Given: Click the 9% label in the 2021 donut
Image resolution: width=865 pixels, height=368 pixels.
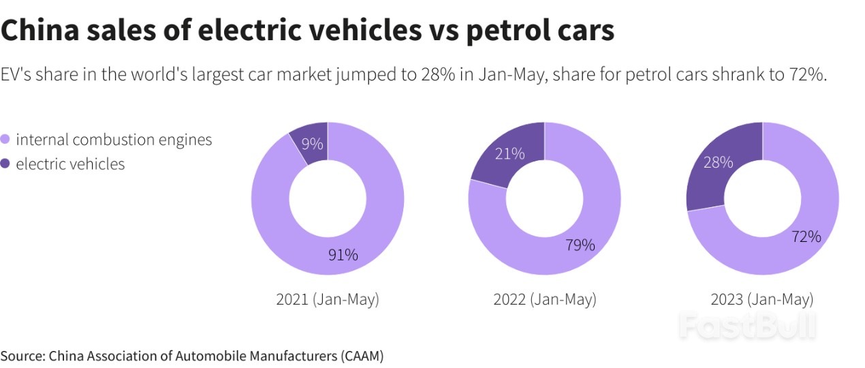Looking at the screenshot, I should pyautogui.click(x=313, y=144).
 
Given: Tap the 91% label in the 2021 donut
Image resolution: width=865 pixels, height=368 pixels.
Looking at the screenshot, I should pyautogui.click(x=343, y=255).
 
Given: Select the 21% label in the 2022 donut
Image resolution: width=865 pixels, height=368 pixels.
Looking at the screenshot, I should pyautogui.click(x=510, y=154).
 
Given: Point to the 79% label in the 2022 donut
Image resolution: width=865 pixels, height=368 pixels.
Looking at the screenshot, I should pyautogui.click(x=580, y=245).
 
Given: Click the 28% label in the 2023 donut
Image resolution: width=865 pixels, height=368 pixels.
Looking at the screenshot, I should pyautogui.click(x=719, y=162).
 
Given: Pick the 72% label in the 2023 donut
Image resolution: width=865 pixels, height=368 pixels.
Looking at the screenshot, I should pyautogui.click(x=806, y=236).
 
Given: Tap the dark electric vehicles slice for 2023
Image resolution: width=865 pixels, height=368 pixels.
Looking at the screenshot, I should pyautogui.click(x=708, y=184).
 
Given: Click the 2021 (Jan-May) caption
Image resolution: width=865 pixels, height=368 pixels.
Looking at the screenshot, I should pyautogui.click(x=328, y=299).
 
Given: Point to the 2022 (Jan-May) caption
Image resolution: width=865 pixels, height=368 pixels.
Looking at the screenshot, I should pyautogui.click(x=545, y=299).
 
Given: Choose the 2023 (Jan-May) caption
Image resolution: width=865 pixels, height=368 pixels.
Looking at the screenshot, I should pyautogui.click(x=762, y=299).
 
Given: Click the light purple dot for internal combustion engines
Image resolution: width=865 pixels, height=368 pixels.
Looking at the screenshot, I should pyautogui.click(x=5, y=140).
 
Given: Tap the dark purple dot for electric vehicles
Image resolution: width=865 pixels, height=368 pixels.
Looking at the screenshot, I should pyautogui.click(x=5, y=164).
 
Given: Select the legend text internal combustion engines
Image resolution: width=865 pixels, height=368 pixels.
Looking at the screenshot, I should pyautogui.click(x=114, y=140).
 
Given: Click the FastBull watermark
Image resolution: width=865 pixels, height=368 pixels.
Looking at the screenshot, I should pyautogui.click(x=748, y=326).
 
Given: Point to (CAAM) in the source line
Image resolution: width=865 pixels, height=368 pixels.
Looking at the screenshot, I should pyautogui.click(x=362, y=356).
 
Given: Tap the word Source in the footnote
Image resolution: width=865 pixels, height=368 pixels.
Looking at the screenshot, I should pyautogui.click(x=22, y=356).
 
